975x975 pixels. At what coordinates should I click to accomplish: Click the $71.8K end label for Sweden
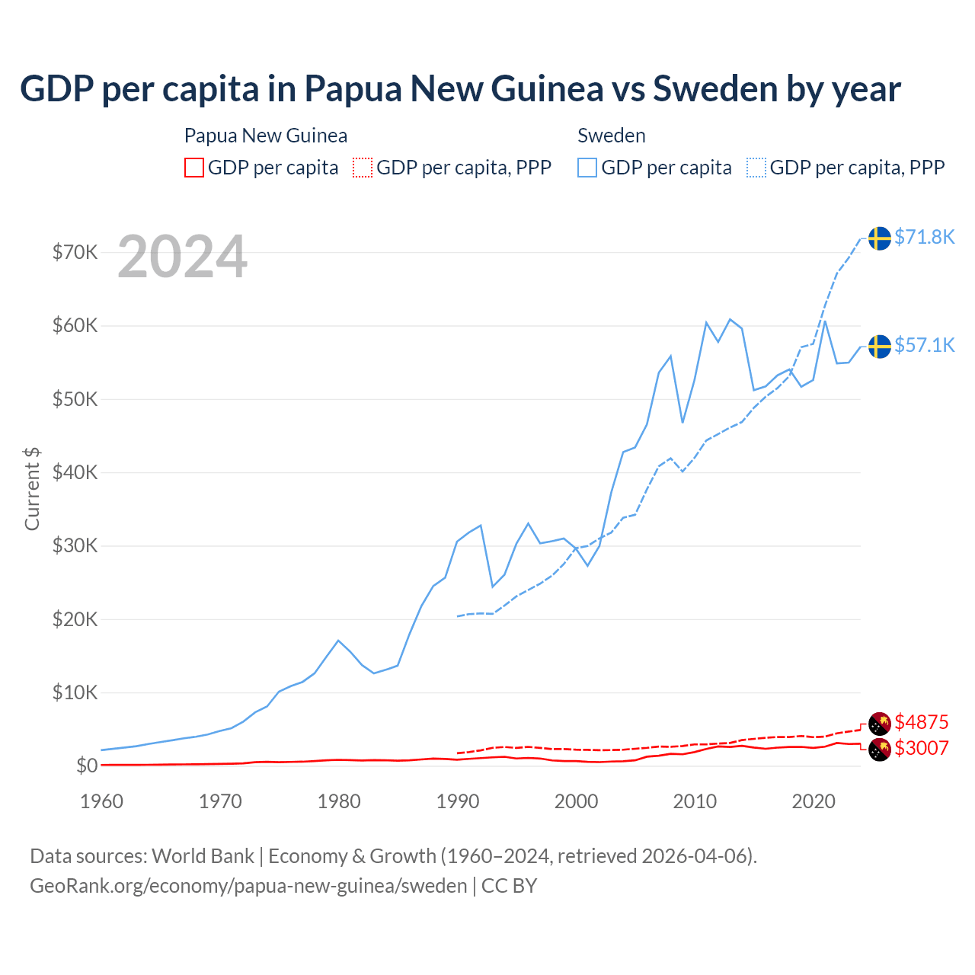924,237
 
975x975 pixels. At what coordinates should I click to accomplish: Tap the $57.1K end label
924,345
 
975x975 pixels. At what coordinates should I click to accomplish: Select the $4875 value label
921,721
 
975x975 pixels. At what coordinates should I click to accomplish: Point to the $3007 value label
921,748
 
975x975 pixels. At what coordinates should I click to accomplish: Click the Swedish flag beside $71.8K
880,238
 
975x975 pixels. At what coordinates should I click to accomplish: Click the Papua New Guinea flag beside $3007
880,750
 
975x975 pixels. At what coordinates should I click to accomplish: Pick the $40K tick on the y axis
75,472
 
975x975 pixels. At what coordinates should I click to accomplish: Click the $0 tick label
87,766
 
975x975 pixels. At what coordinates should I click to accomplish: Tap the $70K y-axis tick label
75,252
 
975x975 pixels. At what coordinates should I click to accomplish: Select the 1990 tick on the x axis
458,801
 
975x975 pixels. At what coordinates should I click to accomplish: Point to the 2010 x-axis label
695,801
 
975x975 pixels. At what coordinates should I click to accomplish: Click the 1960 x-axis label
102,801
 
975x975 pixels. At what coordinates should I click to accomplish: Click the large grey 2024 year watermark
182,257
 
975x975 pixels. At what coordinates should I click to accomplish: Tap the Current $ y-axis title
32,488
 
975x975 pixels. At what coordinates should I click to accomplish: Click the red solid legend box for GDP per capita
194,168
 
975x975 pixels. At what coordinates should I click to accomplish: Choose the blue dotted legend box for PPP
756,168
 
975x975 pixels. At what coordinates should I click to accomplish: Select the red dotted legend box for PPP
363,168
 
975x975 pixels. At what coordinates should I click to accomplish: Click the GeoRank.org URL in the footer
248,886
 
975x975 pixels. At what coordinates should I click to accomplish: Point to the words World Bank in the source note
203,856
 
